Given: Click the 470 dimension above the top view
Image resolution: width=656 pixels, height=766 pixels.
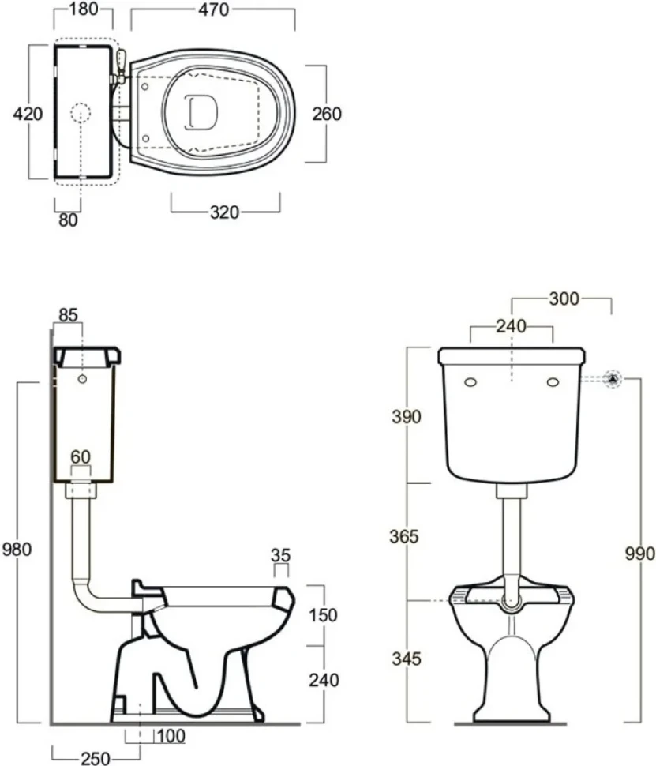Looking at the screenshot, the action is point(213,9).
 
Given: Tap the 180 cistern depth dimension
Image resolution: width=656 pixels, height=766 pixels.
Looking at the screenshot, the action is point(84,9).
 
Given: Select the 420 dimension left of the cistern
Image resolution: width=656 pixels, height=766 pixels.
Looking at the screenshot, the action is point(28,114).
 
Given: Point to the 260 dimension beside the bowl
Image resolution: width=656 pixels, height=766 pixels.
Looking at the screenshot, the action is point(327,114).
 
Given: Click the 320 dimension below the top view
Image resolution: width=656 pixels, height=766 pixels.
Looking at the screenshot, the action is point(225,212).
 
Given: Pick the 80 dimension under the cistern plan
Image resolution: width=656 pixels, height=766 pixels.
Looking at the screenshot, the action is point(69,220).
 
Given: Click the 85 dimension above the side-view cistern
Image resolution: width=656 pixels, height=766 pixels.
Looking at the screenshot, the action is point(69,315).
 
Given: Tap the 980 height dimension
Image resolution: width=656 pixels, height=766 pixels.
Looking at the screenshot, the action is point(17,549).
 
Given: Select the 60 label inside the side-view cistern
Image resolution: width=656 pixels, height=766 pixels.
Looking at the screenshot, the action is point(81,456).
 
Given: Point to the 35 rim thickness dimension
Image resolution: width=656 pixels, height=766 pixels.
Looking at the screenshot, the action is point(281,555).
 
